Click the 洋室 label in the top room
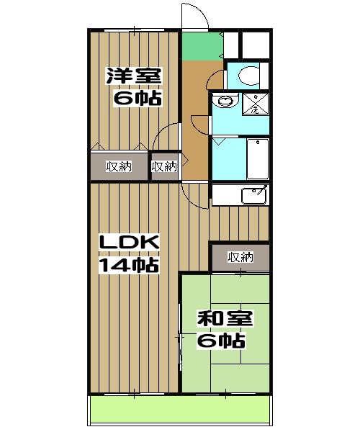pyautogui.click(x=134, y=76)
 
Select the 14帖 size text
pyautogui.click(x=128, y=265)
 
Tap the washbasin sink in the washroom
pyautogui.click(x=224, y=102)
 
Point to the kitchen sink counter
pyautogui.click(x=240, y=195)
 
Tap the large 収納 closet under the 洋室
pyautogui.click(x=119, y=166)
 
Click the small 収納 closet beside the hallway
pyautogui.click(x=165, y=166)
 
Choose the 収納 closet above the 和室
pyautogui.click(x=240, y=257)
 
